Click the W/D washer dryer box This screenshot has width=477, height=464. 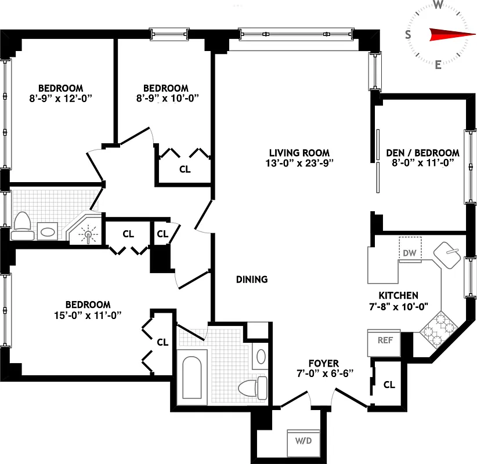(x=303, y=441)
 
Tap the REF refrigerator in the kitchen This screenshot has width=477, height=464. (x=385, y=342)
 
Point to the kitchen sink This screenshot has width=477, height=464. (x=447, y=255)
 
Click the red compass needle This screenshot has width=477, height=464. (x=448, y=35)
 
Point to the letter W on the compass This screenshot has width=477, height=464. (x=439, y=5)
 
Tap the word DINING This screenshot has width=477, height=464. (x=252, y=280)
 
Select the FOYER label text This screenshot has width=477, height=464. (x=324, y=364)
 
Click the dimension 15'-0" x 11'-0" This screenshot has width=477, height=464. (x=88, y=315)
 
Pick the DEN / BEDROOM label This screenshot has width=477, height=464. (x=422, y=153)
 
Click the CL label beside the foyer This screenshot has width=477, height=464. (x=389, y=385)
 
